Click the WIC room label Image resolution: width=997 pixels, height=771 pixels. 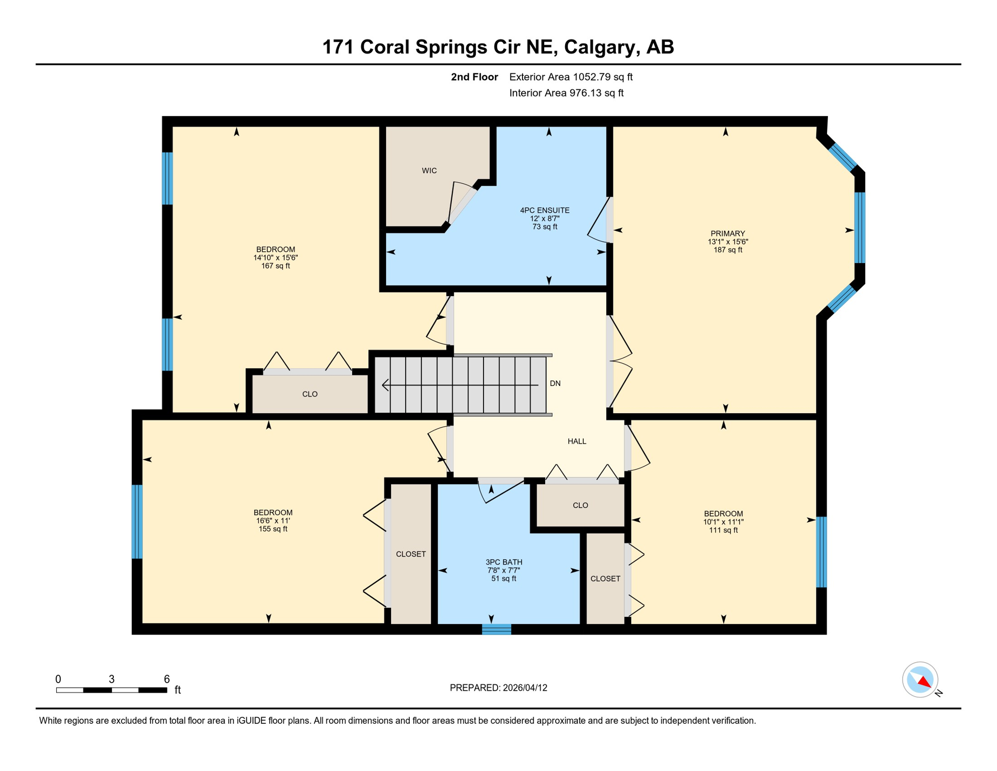click(x=429, y=171)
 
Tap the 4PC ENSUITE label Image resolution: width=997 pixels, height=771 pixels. click(x=545, y=210)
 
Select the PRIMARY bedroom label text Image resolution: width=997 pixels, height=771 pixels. click(x=728, y=233)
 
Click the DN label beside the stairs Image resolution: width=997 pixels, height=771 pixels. click(x=555, y=383)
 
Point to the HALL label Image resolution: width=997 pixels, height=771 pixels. click(x=577, y=441)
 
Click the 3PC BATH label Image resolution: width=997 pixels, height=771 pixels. click(x=504, y=562)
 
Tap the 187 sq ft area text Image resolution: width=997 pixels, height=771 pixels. click(x=728, y=250)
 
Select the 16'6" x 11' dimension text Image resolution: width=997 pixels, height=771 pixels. click(x=273, y=521)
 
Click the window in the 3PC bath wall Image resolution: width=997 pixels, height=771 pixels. click(x=496, y=629)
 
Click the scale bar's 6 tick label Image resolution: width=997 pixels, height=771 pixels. click(x=167, y=679)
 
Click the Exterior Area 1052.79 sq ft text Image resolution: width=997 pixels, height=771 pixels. click(x=571, y=77)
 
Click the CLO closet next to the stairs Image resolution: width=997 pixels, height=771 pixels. click(x=310, y=394)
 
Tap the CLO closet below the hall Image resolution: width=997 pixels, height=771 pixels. click(x=580, y=505)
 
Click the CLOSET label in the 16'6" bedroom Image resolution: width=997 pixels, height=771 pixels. click(x=411, y=554)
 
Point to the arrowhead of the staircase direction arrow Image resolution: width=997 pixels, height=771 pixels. click(x=385, y=385)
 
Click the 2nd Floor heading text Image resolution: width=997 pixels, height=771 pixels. click(x=474, y=77)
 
